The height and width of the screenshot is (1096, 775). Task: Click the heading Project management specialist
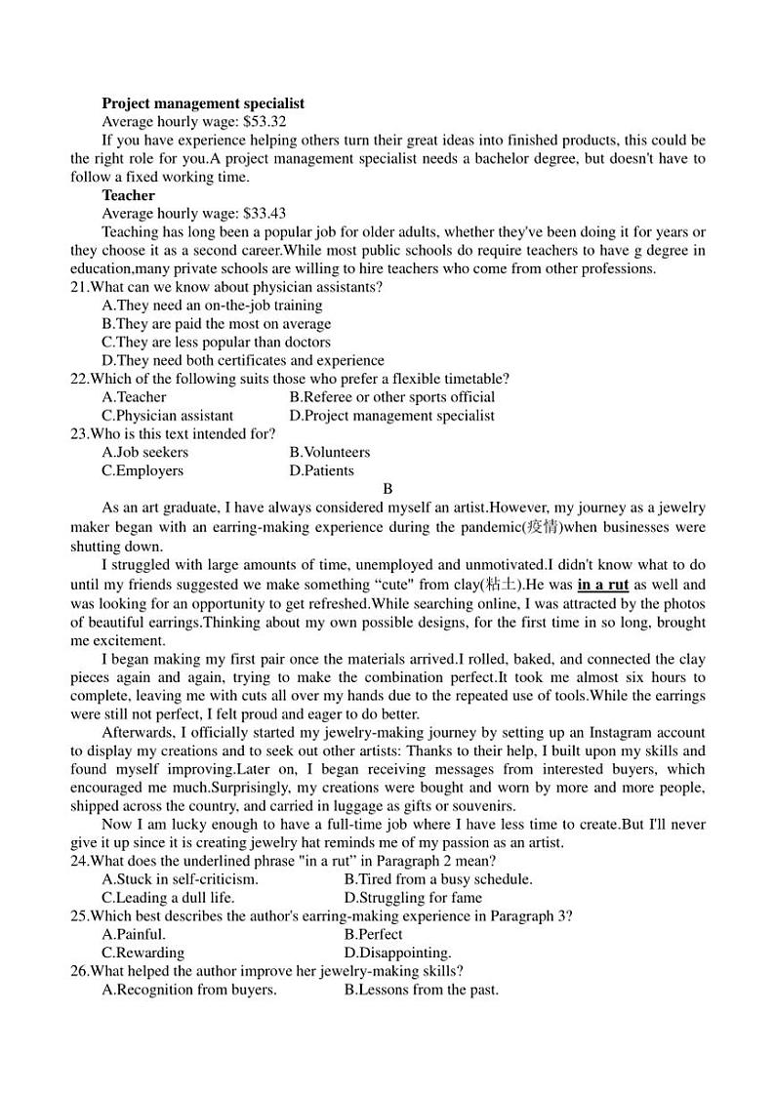203,102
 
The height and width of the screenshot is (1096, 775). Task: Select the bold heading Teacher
128,195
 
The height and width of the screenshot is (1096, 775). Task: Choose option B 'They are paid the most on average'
216,324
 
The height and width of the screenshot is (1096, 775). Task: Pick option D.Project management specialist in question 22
391,416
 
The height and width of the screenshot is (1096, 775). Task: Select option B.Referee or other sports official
391,397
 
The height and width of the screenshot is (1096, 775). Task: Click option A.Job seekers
144,452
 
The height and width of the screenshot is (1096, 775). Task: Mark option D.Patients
321,470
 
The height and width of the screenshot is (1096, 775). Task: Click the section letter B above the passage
387,489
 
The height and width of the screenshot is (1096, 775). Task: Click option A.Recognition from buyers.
188,990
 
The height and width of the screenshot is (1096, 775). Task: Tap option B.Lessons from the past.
421,990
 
